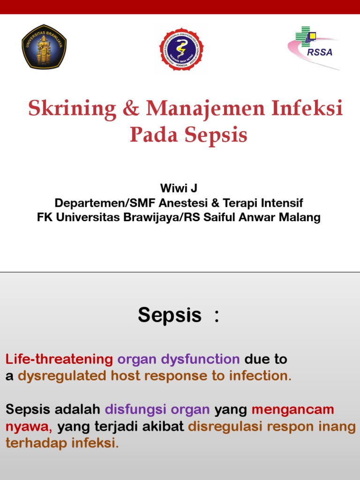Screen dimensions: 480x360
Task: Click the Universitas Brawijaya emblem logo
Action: tap(44, 47)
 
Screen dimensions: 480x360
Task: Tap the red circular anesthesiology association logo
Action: tap(181, 49)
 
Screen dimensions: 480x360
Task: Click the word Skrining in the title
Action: tap(72, 109)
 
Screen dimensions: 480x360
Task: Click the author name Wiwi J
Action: tap(179, 188)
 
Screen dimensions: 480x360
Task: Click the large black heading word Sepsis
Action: tap(169, 315)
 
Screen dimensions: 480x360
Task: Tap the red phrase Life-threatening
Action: tap(59, 360)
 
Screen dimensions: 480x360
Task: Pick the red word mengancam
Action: tap(292, 409)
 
